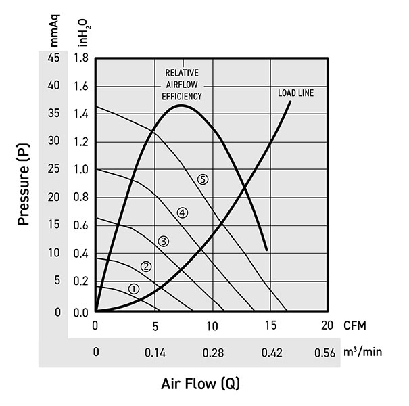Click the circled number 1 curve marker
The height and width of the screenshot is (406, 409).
click(134, 289)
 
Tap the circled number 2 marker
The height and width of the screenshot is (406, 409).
click(147, 266)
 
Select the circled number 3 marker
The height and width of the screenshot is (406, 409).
click(163, 241)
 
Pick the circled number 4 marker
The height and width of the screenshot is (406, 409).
click(183, 212)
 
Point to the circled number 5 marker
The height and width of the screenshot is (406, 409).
click(203, 179)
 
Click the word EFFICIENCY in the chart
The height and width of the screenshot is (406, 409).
click(182, 97)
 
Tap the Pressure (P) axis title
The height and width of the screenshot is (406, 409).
click(24, 187)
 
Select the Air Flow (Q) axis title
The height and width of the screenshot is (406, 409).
click(200, 384)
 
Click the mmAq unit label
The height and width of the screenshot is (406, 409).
click(55, 32)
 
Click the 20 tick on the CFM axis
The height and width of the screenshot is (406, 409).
click(328, 325)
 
